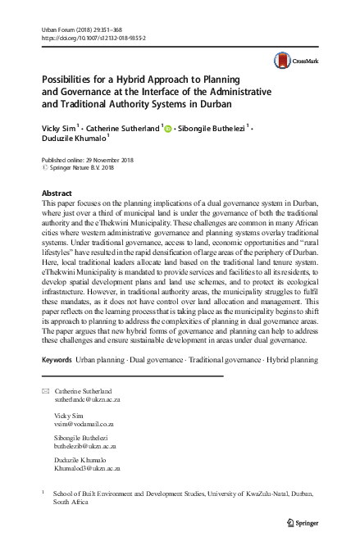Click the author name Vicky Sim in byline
[x=61, y=129]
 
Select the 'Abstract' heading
[x=56, y=193]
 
